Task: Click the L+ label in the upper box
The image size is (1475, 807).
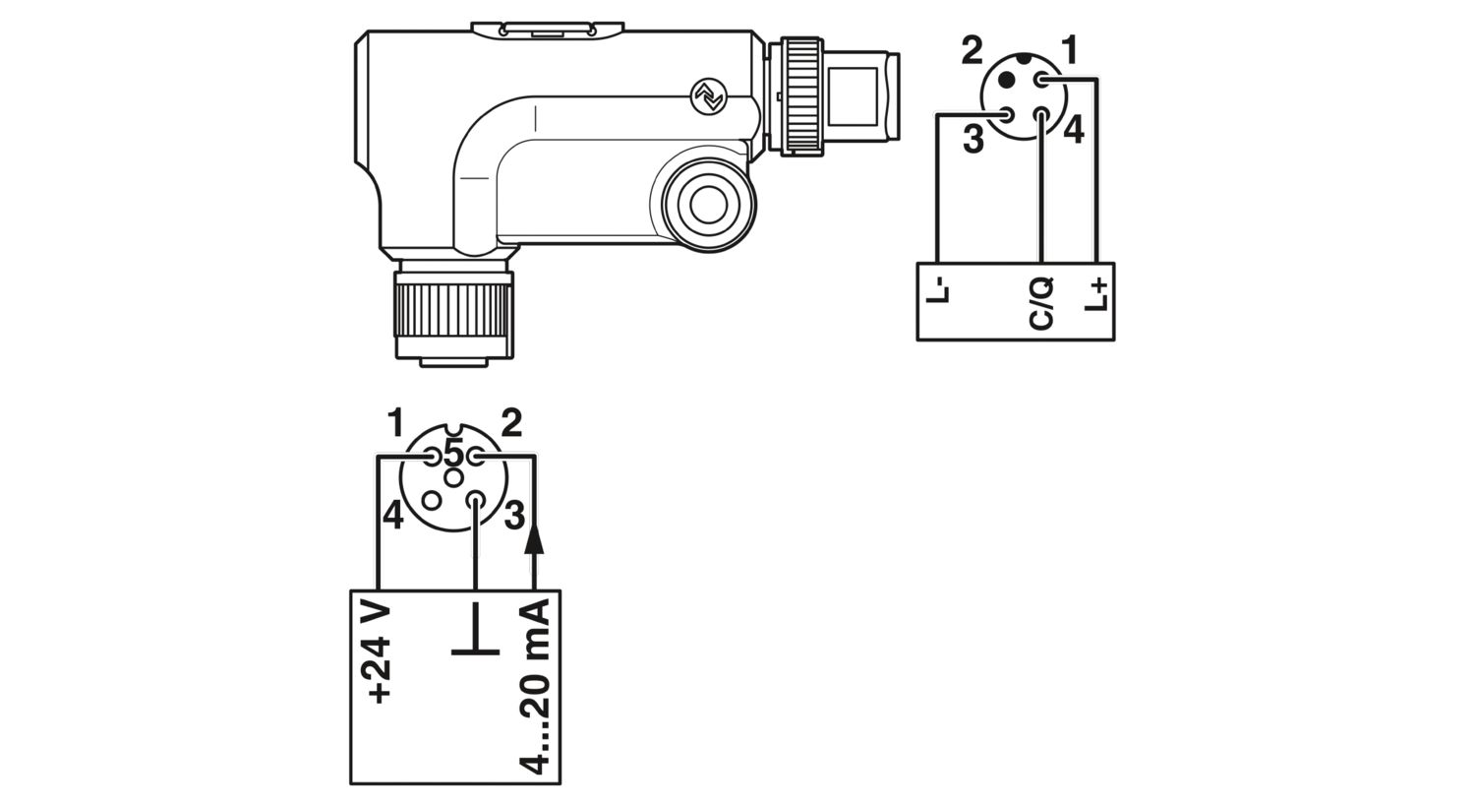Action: click(1096, 294)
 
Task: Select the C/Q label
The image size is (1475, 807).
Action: click(1041, 304)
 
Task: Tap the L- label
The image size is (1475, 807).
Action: click(938, 291)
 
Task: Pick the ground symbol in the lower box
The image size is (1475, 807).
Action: click(475, 629)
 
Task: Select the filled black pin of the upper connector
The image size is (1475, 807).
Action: click(1007, 81)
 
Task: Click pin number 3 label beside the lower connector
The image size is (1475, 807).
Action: click(514, 515)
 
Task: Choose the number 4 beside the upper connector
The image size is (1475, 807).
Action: click(1074, 130)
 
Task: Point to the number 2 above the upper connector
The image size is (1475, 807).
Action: click(972, 50)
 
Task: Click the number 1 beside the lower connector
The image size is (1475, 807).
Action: click(395, 422)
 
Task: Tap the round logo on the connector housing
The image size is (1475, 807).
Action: click(709, 96)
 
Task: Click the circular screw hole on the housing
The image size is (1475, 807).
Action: click(709, 205)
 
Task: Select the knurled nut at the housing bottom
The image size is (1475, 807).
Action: click(453, 311)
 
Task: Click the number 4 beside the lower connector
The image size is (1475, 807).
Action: click(393, 515)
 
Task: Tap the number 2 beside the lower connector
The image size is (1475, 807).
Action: click(511, 423)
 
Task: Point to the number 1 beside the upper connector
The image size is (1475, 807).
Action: click(1070, 51)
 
